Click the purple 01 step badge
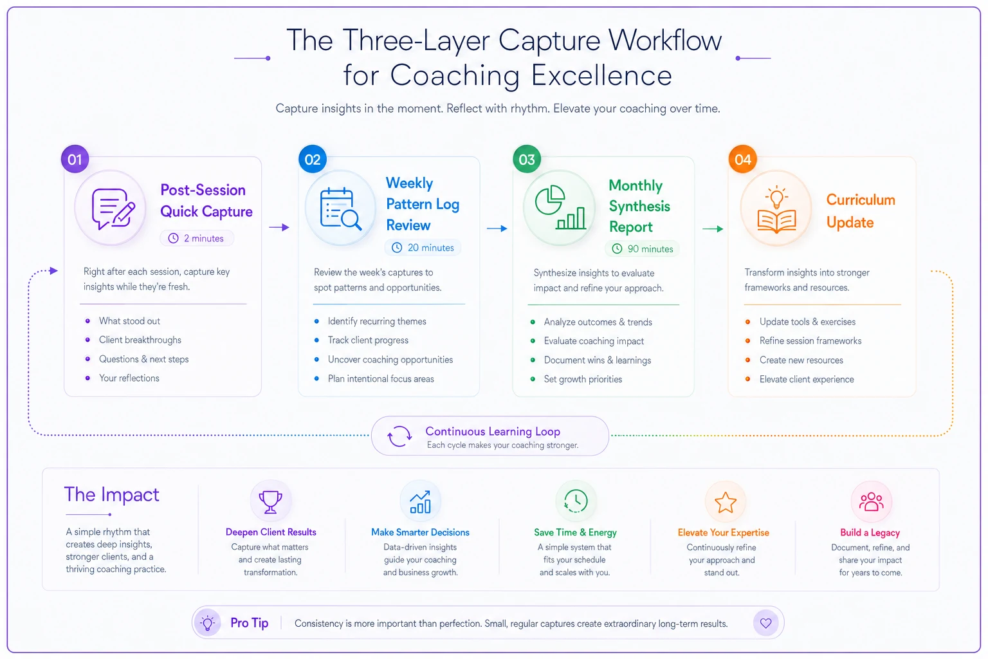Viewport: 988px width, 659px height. tap(75, 159)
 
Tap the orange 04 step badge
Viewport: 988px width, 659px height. tap(743, 159)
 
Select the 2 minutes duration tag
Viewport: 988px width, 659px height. tap(197, 238)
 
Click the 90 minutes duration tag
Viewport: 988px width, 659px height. tap(643, 249)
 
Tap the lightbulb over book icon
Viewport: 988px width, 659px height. tap(777, 209)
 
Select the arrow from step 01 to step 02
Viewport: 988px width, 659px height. tap(279, 227)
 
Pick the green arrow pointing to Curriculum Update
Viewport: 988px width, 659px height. tap(713, 228)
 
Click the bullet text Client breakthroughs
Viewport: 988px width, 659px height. tap(140, 340)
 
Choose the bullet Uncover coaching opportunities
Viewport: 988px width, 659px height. tap(390, 360)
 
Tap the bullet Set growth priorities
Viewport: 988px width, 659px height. tap(583, 379)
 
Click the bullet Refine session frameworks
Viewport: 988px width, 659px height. tap(810, 340)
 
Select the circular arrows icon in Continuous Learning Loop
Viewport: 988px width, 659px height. tap(399, 436)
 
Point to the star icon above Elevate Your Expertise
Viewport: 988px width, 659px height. tap(726, 503)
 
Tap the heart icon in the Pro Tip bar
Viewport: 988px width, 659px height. tap(765, 623)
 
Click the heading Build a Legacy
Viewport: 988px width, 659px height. tap(870, 532)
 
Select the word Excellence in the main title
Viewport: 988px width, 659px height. tap(601, 75)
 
